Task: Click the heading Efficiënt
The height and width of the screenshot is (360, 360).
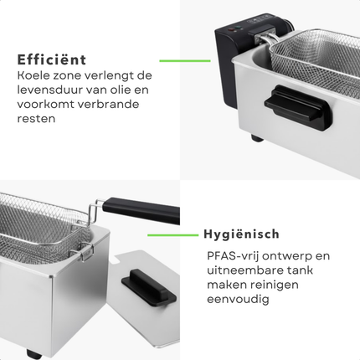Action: click(x=51, y=59)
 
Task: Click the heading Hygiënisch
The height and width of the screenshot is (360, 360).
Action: click(x=241, y=234)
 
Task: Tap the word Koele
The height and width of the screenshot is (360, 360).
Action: click(x=34, y=76)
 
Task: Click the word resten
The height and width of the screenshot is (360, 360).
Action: click(x=35, y=120)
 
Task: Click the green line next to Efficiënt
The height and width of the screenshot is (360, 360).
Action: click(x=185, y=60)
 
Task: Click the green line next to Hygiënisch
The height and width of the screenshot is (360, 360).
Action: click(x=172, y=235)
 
